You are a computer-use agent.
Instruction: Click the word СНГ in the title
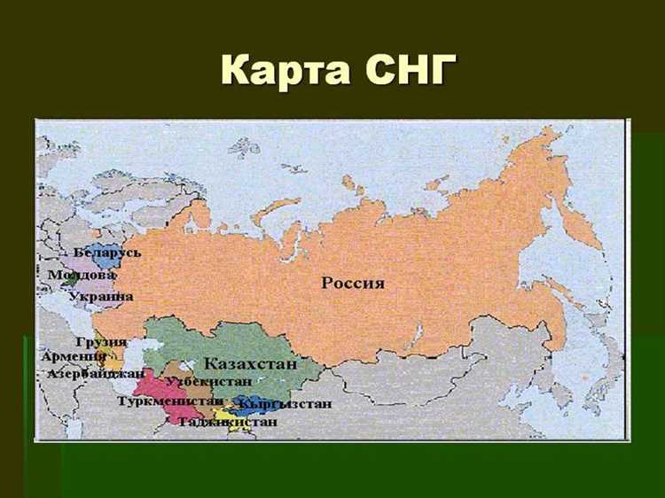click(x=405, y=68)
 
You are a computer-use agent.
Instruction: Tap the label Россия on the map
click(x=353, y=284)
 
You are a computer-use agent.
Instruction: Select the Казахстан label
click(x=251, y=363)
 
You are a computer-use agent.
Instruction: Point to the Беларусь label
click(x=107, y=253)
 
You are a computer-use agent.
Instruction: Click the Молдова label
click(x=82, y=275)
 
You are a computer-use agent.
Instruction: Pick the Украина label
click(x=101, y=296)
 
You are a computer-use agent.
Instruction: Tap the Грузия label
click(x=101, y=342)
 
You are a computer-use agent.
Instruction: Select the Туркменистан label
click(x=169, y=401)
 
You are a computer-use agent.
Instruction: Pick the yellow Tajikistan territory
click(x=223, y=411)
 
